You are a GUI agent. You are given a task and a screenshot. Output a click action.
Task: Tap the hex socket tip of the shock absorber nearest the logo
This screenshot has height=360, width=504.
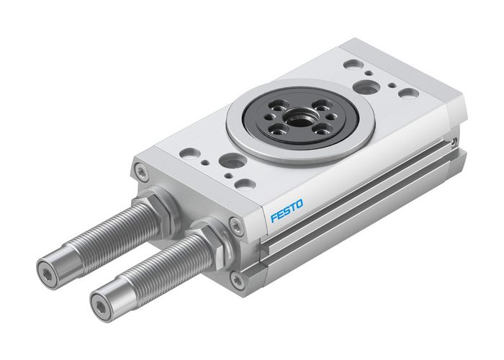(101, 302)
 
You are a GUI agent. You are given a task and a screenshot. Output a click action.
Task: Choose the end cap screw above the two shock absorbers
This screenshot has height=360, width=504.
(142, 173)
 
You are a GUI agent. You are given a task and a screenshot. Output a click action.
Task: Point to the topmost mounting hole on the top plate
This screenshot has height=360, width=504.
(353, 64)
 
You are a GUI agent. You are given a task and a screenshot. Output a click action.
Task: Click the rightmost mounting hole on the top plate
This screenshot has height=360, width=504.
(408, 94)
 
